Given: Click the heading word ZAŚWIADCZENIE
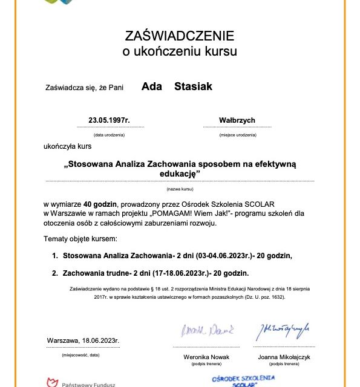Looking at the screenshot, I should (179, 34).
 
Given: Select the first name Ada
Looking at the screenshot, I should (151, 86).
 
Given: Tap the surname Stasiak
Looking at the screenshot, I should (193, 86).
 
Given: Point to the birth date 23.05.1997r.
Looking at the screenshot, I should (109, 120).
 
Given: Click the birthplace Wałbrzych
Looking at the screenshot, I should (238, 120).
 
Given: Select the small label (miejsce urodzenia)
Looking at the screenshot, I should (238, 135).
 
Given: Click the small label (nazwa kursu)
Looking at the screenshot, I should (179, 189).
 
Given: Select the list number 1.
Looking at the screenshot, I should (54, 256).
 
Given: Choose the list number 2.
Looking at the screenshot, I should (54, 273).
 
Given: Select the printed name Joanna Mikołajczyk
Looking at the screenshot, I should (284, 357).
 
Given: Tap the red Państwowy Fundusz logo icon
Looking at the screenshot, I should (52, 382).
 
